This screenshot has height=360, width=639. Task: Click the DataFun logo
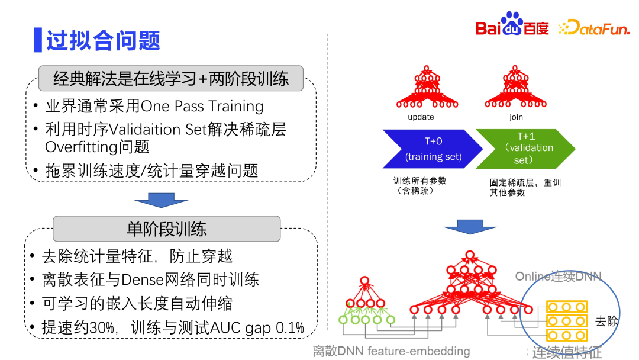593,27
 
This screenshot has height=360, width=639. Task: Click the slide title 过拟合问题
104,40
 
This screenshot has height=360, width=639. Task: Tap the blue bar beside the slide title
37,40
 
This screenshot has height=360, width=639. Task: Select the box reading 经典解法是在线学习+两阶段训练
170,78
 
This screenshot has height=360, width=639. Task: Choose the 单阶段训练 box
166,229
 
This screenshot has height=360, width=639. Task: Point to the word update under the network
421,117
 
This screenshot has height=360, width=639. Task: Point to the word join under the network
516,117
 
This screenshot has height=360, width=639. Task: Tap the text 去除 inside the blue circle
606,322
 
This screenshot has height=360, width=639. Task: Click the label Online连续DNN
558,277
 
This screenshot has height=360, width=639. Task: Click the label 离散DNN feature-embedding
391,351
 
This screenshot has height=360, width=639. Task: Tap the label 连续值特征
567,352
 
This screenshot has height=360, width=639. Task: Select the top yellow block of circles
567,307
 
